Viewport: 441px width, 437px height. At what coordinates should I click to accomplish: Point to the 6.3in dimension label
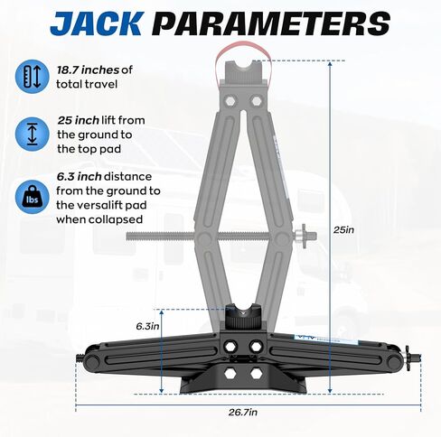tap(147, 324)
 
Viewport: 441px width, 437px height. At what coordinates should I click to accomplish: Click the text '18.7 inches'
tap(86, 70)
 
